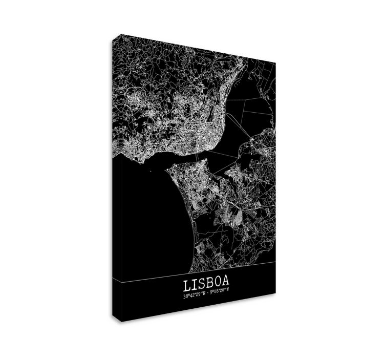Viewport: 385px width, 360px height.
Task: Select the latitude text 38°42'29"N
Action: (x=194, y=295)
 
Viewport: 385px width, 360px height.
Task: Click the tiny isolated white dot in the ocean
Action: (x=151, y=171)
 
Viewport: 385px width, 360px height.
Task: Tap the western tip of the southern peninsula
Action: (x=169, y=168)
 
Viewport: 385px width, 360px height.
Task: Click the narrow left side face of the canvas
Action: (x=116, y=179)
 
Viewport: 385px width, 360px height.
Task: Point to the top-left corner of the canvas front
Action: (x=122, y=35)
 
